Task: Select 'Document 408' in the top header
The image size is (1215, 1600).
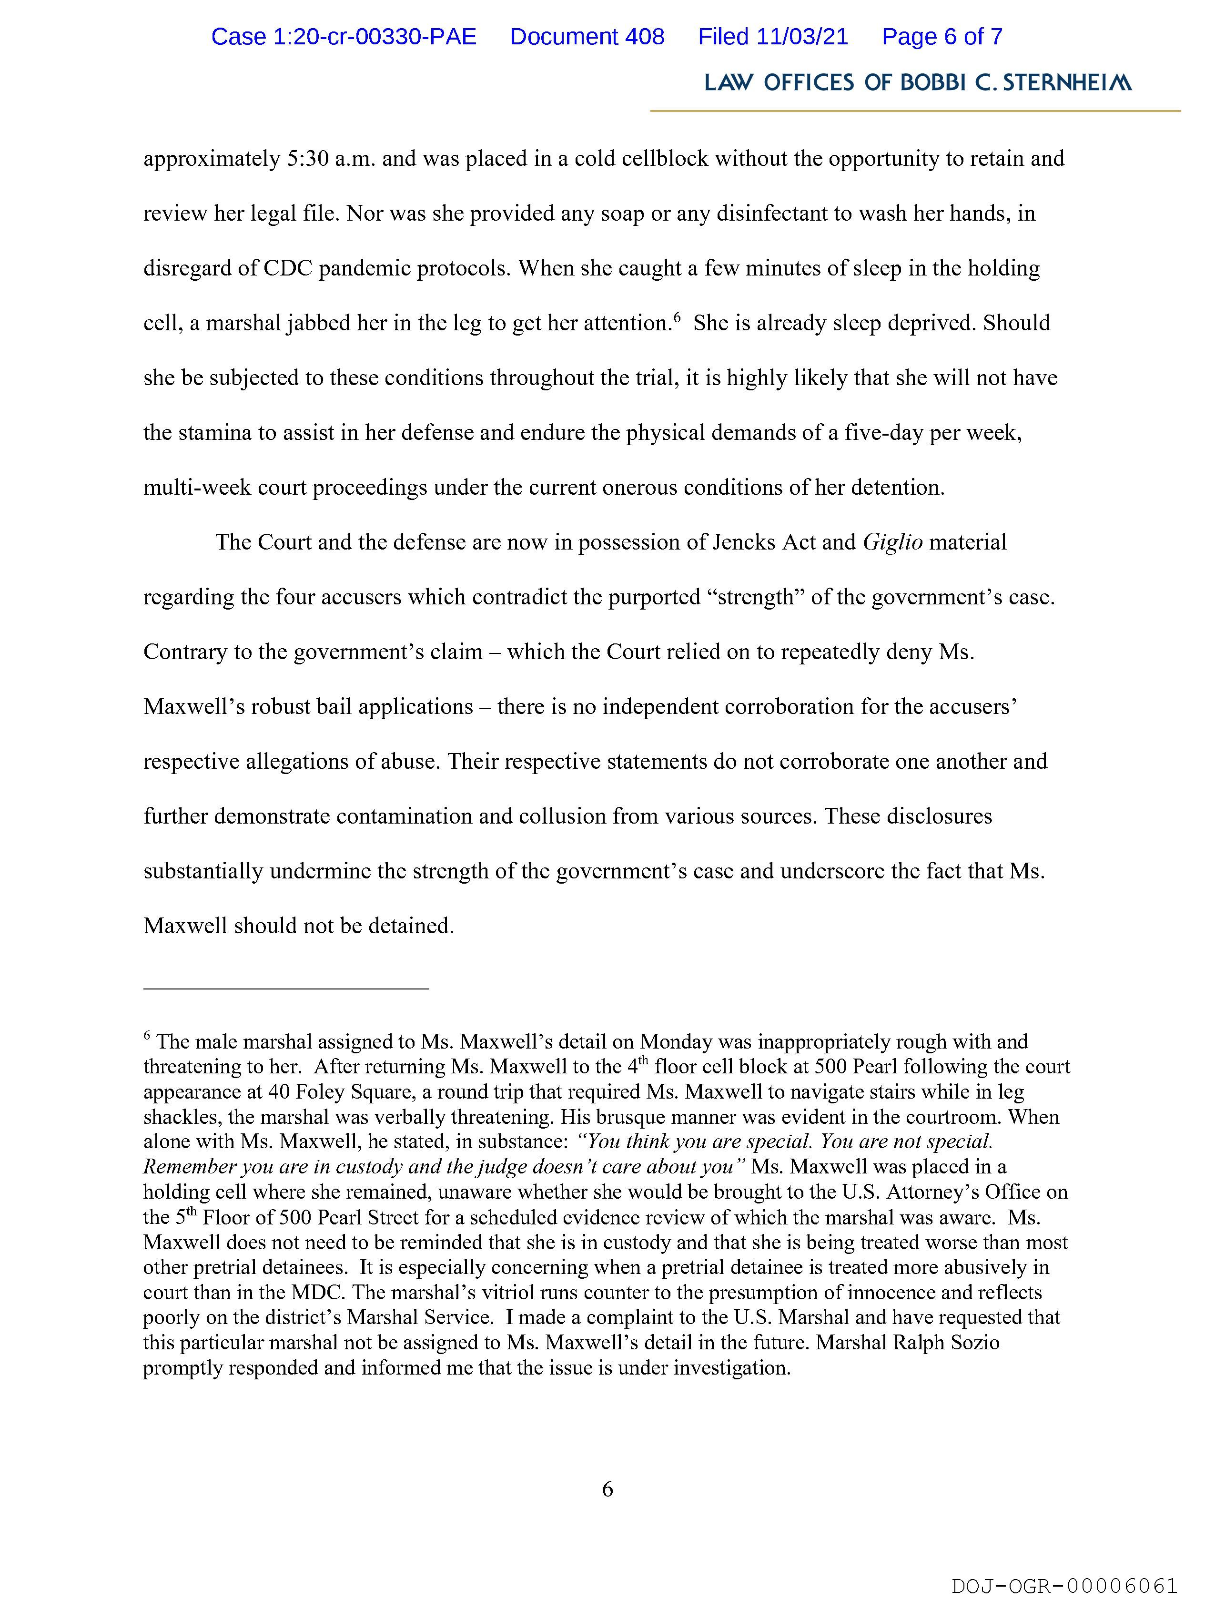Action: click(x=587, y=37)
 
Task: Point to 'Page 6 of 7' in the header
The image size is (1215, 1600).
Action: click(x=942, y=37)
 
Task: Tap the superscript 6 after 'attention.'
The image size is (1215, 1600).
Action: click(x=677, y=317)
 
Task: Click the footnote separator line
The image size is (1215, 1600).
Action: click(x=286, y=988)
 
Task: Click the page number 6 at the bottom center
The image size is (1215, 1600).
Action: click(x=607, y=1489)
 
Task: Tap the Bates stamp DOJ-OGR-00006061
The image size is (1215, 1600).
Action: click(x=1064, y=1586)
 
